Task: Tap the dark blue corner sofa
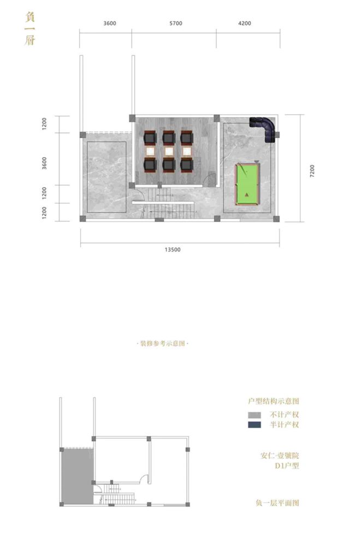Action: coord(265,128)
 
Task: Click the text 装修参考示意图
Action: coord(162,344)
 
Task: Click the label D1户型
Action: coord(286,466)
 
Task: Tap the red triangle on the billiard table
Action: coord(247,195)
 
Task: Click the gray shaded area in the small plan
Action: coord(76,475)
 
